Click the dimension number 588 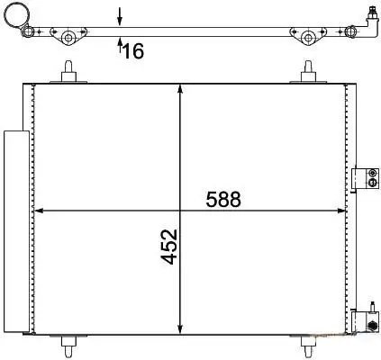click(x=223, y=199)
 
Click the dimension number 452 click(x=169, y=247)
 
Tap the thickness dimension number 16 click(x=133, y=50)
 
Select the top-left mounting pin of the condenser click(x=68, y=71)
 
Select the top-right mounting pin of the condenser click(x=308, y=71)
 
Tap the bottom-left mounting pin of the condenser click(x=68, y=346)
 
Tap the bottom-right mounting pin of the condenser click(x=308, y=346)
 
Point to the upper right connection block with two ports click(x=365, y=178)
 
